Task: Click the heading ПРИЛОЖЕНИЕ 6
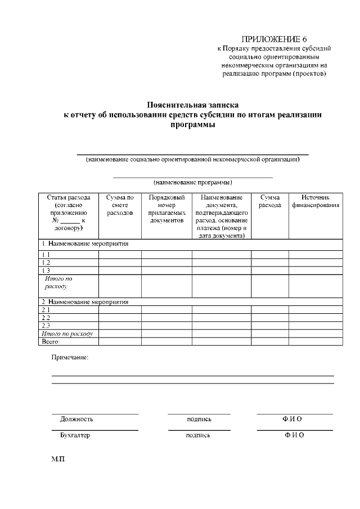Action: click(x=274, y=39)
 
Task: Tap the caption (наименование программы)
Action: click(x=193, y=182)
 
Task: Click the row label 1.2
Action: click(x=46, y=263)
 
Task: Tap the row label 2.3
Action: click(x=46, y=326)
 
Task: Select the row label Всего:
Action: click(x=51, y=341)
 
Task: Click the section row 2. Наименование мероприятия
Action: click(x=85, y=301)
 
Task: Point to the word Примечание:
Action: click(x=70, y=357)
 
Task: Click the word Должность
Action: click(x=76, y=419)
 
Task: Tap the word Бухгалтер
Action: click(x=75, y=435)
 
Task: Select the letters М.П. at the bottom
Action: click(x=58, y=460)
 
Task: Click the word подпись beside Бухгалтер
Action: click(x=199, y=435)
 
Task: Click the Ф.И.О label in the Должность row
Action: click(x=292, y=419)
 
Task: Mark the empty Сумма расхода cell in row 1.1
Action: click(x=269, y=255)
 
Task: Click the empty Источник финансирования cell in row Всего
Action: click(x=315, y=341)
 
